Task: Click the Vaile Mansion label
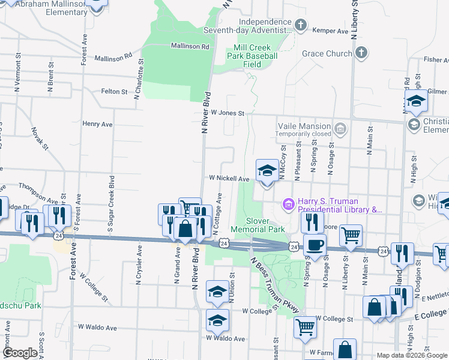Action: pos(304,126)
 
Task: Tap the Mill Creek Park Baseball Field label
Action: pos(255,56)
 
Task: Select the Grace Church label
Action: pos(327,53)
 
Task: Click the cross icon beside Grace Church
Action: pos(361,53)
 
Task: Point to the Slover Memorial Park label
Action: pos(258,225)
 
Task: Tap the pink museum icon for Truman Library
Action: pos(289,205)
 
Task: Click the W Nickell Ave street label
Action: pos(229,179)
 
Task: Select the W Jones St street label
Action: pos(226,113)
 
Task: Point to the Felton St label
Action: pos(114,92)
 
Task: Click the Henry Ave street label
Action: pos(97,124)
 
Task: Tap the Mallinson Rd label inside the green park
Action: pos(189,46)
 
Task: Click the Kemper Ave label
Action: pos(335,31)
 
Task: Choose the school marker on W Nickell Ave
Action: pos(267,170)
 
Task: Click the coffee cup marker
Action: pos(315,245)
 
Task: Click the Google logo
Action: pos(20,353)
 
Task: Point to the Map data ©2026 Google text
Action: pos(411,355)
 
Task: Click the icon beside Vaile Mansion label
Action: pos(340,127)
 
